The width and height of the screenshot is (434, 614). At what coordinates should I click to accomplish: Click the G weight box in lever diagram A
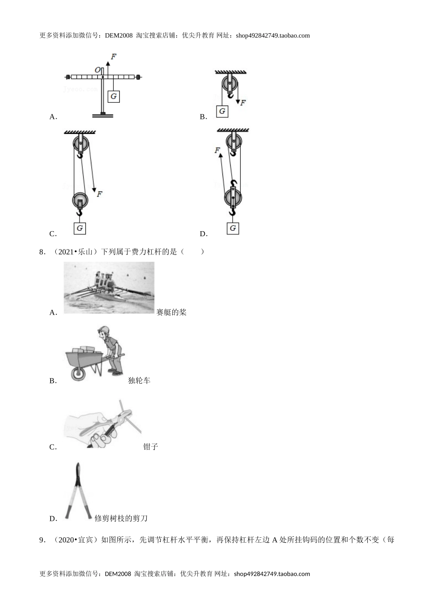[113, 96]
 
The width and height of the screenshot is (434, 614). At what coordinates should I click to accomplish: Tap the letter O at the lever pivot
[97, 70]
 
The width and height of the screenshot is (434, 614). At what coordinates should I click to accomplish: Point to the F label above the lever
[113, 57]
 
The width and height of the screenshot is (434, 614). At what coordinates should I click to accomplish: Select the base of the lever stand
[103, 115]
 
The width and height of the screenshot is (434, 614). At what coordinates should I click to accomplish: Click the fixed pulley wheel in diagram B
[230, 85]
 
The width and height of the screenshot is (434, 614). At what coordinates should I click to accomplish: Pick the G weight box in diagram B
[222, 111]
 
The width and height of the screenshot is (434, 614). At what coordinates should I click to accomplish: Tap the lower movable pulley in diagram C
[80, 200]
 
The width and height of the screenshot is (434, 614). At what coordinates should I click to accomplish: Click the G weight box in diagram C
[80, 228]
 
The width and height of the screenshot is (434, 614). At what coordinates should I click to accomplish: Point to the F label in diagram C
[99, 194]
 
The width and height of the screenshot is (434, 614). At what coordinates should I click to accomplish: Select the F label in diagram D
[217, 150]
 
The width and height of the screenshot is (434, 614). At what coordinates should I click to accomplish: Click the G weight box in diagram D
[233, 228]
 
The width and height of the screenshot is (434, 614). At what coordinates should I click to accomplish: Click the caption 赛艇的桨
[171, 312]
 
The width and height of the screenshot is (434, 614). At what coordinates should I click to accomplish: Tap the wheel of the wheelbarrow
[78, 374]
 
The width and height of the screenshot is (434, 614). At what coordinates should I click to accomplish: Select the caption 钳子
[150, 447]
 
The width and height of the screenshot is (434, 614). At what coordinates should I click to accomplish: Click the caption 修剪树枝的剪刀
[121, 519]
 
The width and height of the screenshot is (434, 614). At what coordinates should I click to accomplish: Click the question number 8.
[42, 252]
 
